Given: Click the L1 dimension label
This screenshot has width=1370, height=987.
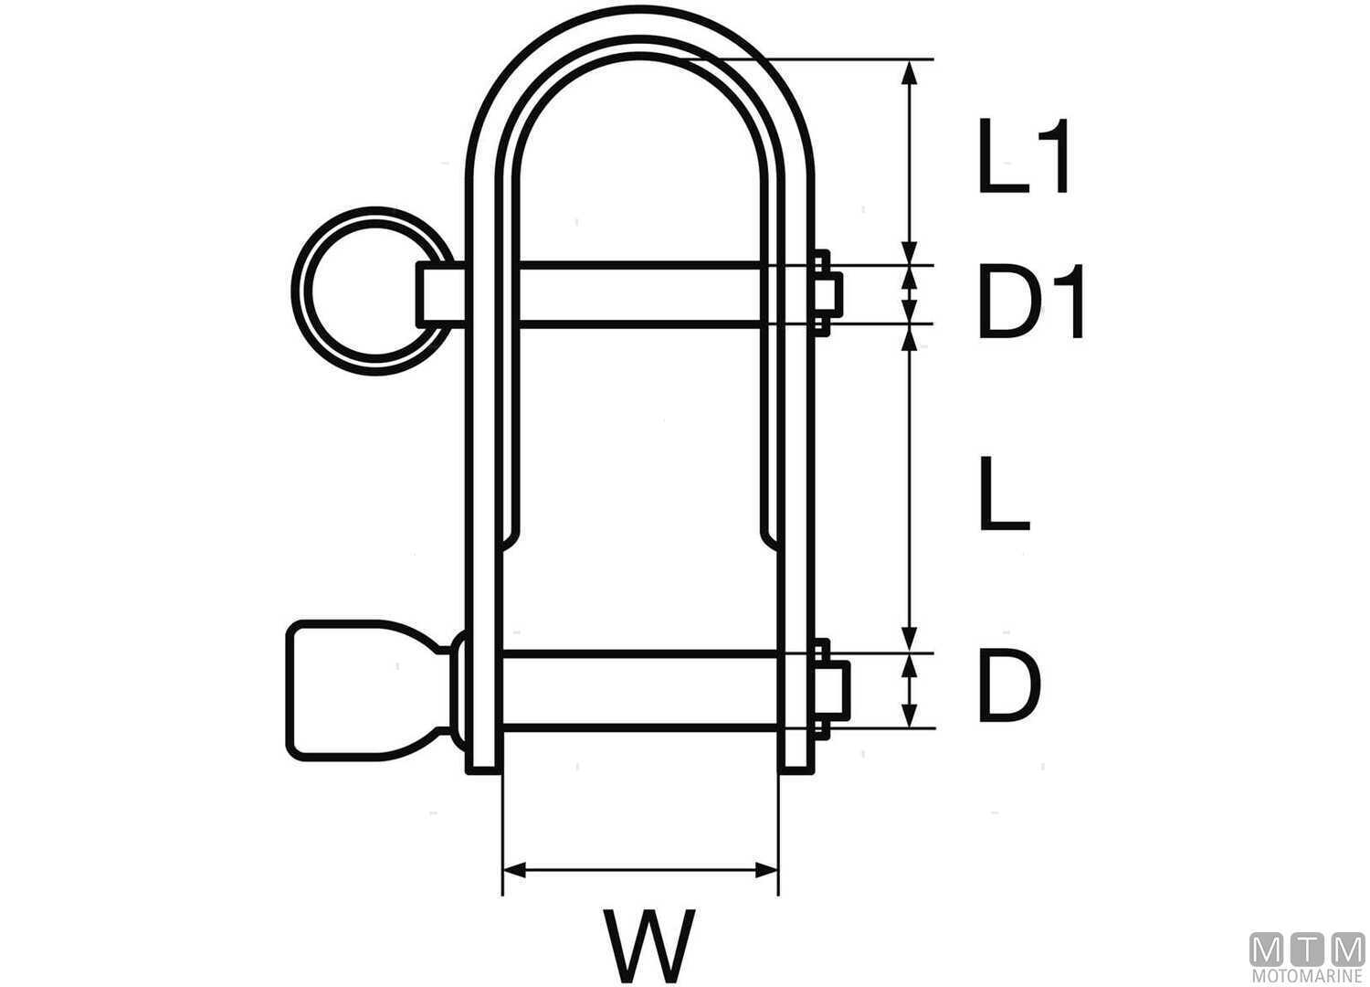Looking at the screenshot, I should coord(1023,157).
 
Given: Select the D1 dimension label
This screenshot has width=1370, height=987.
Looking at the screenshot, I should coord(1030,302).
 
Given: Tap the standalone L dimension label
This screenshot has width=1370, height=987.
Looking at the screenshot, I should coord(1003,493).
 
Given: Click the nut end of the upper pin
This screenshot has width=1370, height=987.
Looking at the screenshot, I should coord(827,292).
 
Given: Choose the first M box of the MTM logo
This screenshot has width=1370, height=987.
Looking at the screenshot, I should coord(1267,950).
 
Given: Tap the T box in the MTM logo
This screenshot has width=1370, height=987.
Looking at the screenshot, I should coord(1307,950).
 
